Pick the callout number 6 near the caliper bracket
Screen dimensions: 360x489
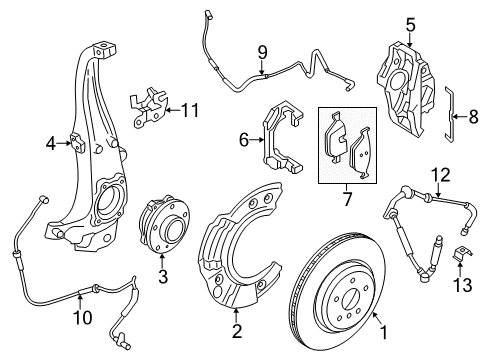(x=244, y=142)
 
